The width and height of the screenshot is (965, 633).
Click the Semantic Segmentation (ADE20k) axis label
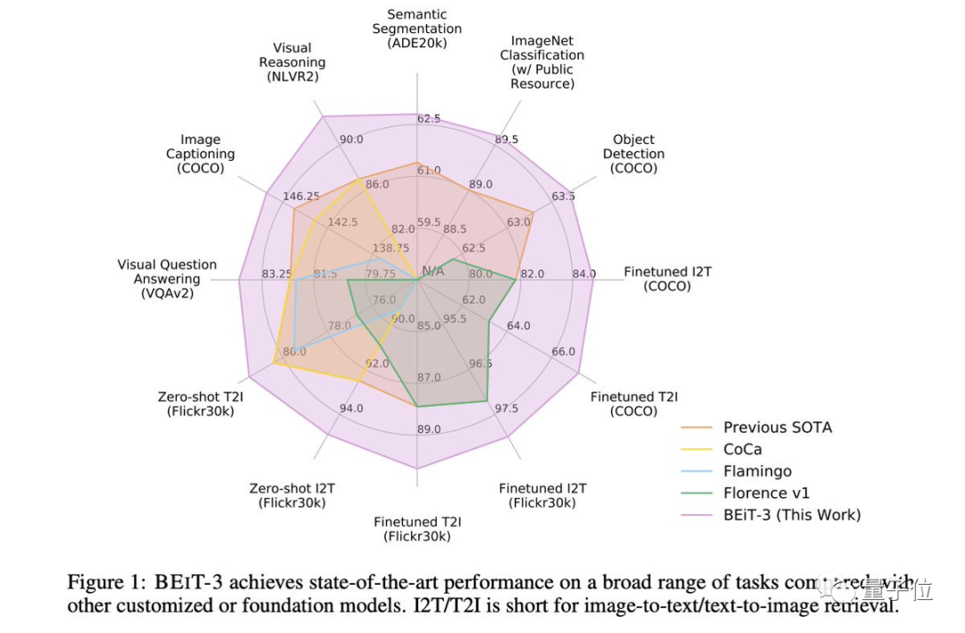tap(417, 29)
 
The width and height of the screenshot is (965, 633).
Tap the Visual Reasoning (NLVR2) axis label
tap(292, 63)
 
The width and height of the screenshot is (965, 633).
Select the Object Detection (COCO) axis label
tap(634, 154)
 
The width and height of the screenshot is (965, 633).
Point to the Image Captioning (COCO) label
tap(200, 154)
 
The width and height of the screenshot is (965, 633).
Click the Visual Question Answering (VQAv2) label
tap(167, 279)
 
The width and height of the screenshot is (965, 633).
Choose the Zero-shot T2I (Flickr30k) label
tap(200, 404)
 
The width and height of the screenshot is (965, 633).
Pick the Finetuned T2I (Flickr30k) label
tap(417, 529)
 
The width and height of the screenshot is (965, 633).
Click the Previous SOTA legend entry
tap(777, 427)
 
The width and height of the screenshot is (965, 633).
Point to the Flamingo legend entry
tap(757, 471)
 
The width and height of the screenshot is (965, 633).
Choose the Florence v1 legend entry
tap(765, 493)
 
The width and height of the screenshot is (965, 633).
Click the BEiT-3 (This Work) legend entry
tap(792, 515)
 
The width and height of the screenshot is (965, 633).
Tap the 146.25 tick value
tap(300, 197)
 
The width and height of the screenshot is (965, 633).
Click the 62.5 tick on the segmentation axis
tap(429, 119)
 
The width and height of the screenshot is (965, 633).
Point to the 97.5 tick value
tap(506, 409)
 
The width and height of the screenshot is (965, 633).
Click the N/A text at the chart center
tap(432, 271)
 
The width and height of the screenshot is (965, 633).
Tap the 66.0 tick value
tap(563, 351)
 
